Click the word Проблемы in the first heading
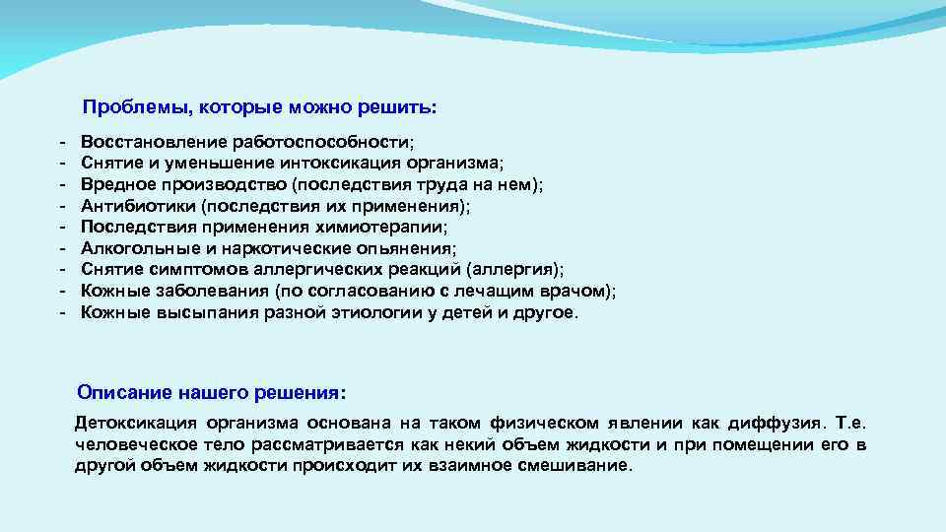123,106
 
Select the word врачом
576,292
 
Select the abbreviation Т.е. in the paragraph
849,424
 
